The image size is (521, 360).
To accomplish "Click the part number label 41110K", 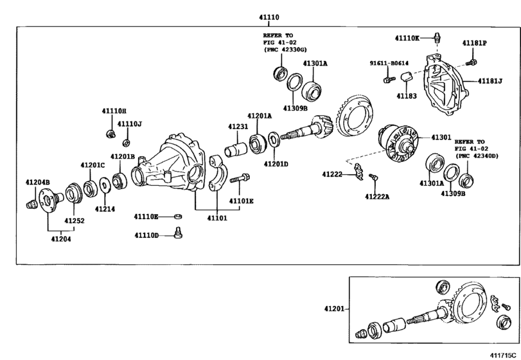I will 405,38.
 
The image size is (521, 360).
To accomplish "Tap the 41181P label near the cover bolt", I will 475,43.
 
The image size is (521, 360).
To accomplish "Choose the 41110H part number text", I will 113,111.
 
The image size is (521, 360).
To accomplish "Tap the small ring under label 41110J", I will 127,142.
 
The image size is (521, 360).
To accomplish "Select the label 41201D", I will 276,164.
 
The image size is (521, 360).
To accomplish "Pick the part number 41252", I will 74,221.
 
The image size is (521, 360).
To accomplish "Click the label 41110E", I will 146,216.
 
